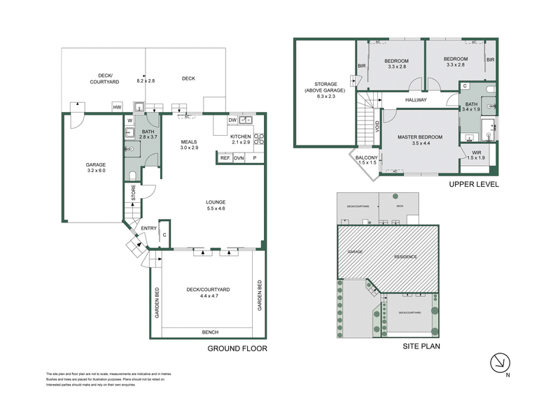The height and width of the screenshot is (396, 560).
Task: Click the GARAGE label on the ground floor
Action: pos(95,165)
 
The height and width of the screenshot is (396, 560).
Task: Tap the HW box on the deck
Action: pos(118,107)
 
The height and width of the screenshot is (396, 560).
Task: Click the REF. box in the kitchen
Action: pos(225,158)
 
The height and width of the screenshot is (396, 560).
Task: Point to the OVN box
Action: pos(239,158)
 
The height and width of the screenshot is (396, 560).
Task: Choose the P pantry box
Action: pos(254,158)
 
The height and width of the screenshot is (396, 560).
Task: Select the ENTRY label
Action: pos(149,228)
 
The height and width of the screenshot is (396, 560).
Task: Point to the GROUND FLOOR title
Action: pos(237,348)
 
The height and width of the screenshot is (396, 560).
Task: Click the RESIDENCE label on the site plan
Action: pos(405,257)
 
